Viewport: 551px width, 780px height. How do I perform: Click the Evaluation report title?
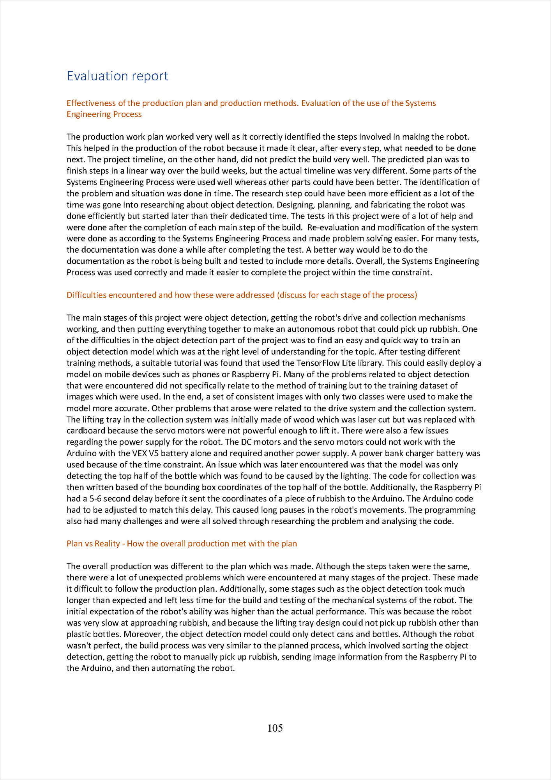point(117,76)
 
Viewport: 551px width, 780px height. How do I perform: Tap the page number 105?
point(275,728)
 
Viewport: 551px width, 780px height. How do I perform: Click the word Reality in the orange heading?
point(107,543)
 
